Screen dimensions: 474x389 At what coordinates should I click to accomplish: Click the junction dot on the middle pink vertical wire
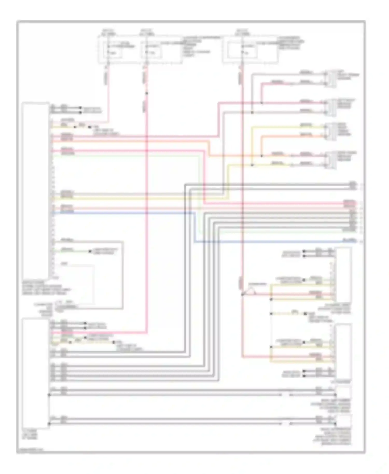coord(147,93)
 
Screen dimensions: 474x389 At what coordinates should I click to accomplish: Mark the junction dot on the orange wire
coord(261,156)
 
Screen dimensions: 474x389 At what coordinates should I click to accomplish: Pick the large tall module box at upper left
coord(36,189)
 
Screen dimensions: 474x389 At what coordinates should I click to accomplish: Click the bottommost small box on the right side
coord(343,420)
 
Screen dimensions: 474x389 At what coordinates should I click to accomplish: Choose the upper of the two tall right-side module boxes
coord(343,275)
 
